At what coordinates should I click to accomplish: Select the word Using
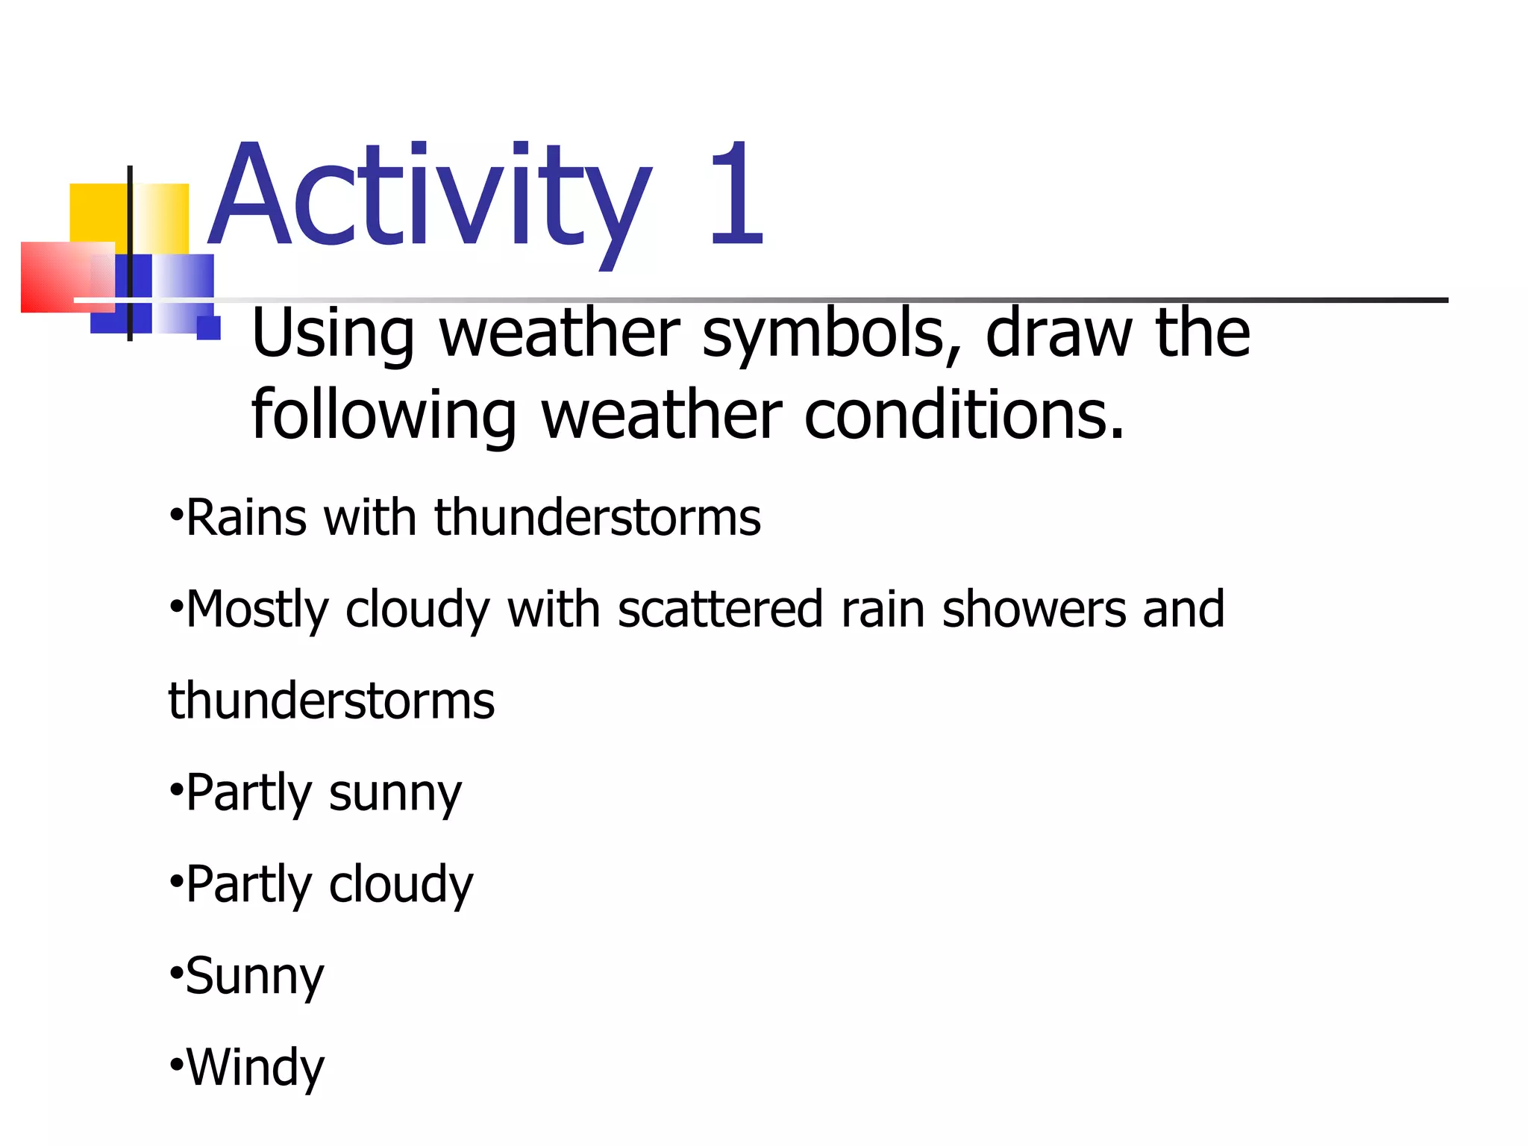click(x=333, y=334)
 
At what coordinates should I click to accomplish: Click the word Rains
click(x=246, y=517)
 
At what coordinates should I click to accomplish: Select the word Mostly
click(x=257, y=610)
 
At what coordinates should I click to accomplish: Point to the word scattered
click(x=720, y=609)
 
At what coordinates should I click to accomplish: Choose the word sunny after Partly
click(x=395, y=794)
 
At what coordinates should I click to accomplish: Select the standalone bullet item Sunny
click(x=254, y=977)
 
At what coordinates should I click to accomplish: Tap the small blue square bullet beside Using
click(x=208, y=328)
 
